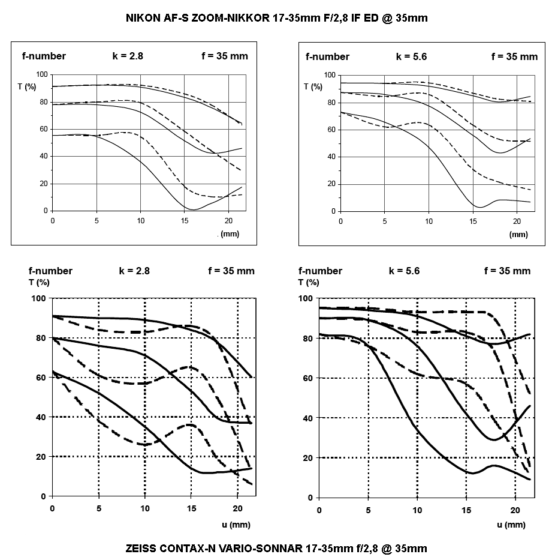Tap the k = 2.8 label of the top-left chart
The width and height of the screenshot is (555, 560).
pyautogui.click(x=128, y=56)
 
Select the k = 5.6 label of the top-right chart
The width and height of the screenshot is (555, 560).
pyautogui.click(x=411, y=57)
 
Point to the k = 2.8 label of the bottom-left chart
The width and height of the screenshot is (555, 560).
pyautogui.click(x=134, y=271)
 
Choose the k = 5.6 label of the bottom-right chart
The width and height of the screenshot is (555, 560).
pyautogui.click(x=404, y=271)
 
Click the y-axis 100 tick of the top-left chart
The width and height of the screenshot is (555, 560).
pyautogui.click(x=42, y=74)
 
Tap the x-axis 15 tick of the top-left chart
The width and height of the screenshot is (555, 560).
pyautogui.click(x=185, y=221)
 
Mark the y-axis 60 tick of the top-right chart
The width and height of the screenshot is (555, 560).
pyautogui.click(x=331, y=130)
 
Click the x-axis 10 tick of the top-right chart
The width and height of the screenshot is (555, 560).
pyautogui.click(x=429, y=221)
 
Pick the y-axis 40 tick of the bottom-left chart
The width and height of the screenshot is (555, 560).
pyautogui.click(x=41, y=417)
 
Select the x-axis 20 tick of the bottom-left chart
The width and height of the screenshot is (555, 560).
pyautogui.click(x=237, y=508)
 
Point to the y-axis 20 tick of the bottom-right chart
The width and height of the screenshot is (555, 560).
pyautogui.click(x=308, y=458)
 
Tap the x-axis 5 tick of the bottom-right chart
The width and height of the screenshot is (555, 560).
pyautogui.click(x=368, y=510)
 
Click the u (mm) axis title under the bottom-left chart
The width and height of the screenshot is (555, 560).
pyautogui.click(x=236, y=525)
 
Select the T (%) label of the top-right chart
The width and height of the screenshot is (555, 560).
pyautogui.click(x=313, y=87)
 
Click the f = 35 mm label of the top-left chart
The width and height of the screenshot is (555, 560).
pyautogui.click(x=225, y=56)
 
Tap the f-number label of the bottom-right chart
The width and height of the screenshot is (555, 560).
pyautogui.click(x=320, y=271)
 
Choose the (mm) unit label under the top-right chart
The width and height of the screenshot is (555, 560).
pyautogui.click(x=518, y=235)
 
